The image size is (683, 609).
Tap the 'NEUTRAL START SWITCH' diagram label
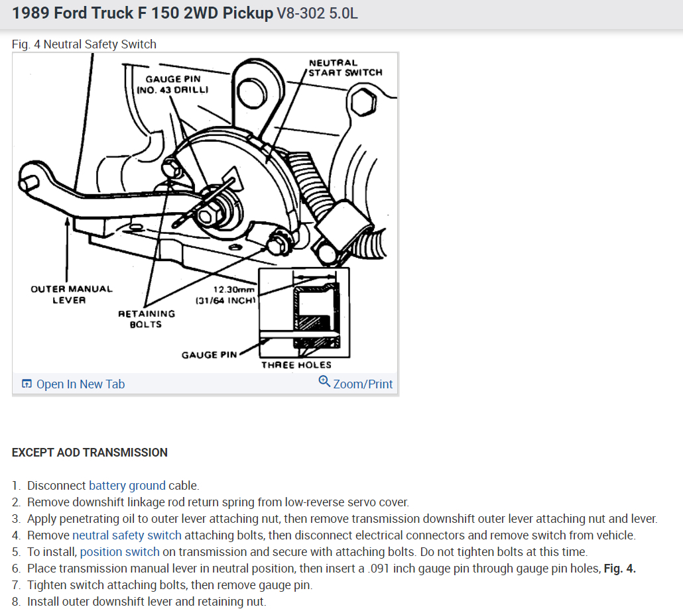345,68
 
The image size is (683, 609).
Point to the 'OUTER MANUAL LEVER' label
71,294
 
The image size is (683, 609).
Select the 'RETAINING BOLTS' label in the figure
146,319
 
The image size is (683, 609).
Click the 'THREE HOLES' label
296,364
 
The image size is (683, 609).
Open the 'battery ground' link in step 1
127,486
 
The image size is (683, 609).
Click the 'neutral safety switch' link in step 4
127,535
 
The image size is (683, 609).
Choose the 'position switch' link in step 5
119,552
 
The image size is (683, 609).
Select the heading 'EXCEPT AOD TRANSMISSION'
90,453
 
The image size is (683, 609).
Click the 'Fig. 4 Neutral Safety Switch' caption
84,44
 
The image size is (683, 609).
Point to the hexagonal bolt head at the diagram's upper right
363,101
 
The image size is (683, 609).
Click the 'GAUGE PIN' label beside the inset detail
209,355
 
